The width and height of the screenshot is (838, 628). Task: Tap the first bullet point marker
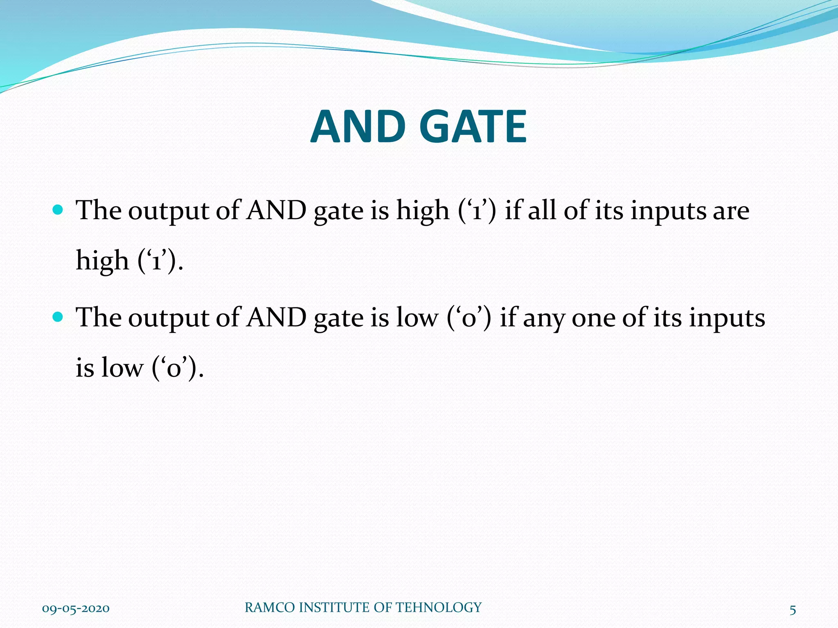(58, 210)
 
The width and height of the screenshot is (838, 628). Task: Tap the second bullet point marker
(58, 317)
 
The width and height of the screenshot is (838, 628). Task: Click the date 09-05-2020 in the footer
(76, 608)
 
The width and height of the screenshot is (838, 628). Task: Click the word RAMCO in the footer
(270, 608)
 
